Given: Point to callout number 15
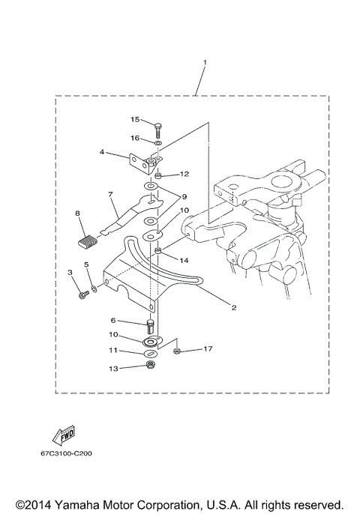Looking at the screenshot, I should coord(135,119).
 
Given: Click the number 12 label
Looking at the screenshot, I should coord(184,174).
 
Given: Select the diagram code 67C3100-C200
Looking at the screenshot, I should coord(73,453).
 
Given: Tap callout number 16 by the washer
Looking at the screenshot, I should coord(135,138).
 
